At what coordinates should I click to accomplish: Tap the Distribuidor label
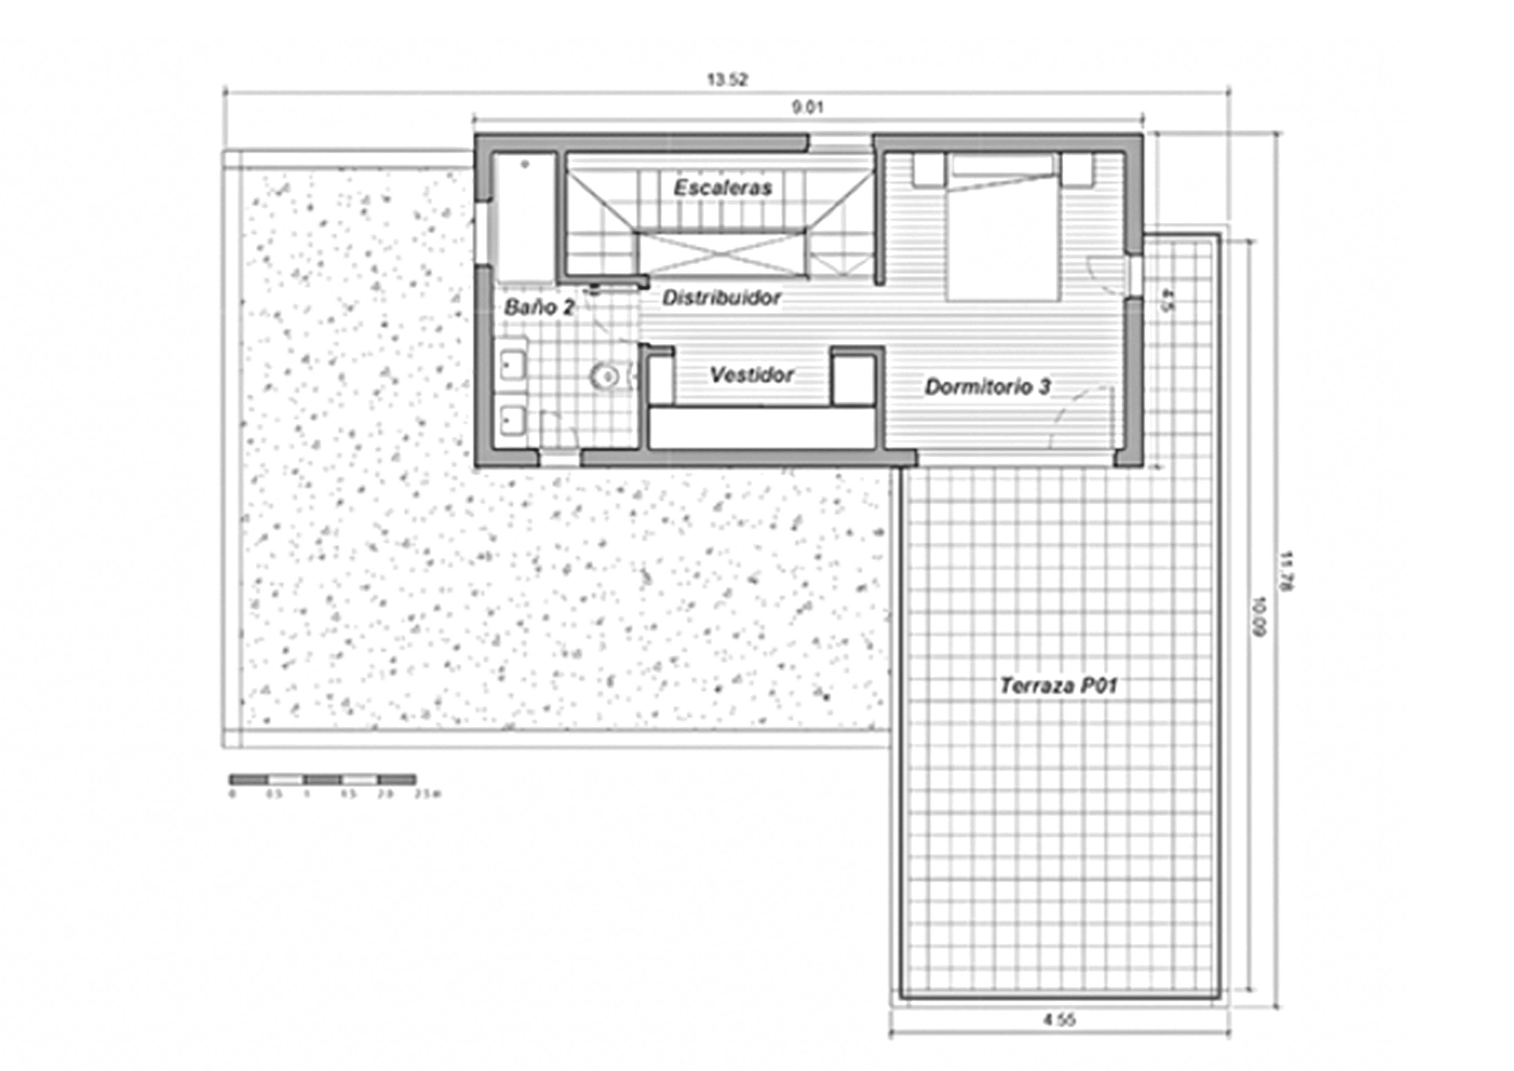click(x=721, y=298)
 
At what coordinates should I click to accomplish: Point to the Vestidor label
click(x=752, y=375)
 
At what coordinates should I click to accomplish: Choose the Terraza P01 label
click(x=1058, y=686)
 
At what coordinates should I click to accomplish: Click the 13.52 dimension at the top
click(x=727, y=80)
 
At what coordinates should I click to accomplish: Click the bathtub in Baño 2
click(x=526, y=218)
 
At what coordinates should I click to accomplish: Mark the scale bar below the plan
click(x=323, y=779)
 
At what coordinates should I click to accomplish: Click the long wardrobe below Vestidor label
click(x=762, y=427)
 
